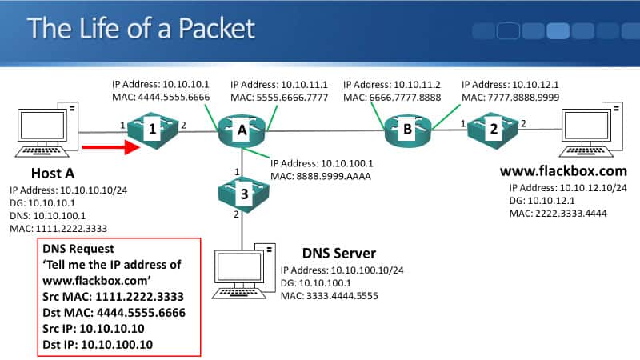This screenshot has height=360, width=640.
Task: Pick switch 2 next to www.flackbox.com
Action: [494, 129]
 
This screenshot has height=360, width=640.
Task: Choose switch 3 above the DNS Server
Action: [241, 192]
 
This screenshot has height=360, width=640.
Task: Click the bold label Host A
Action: [54, 173]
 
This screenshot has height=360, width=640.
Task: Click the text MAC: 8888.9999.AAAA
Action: [322, 175]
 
